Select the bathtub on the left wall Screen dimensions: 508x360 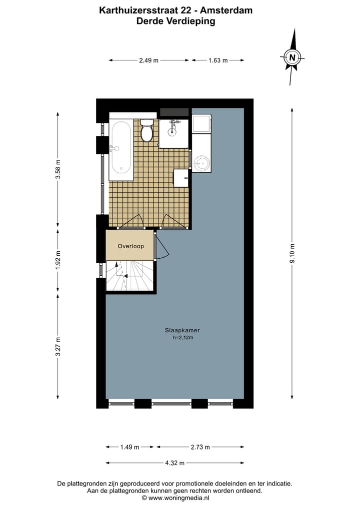[x=121, y=150]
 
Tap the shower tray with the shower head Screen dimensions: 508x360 [x=174, y=133]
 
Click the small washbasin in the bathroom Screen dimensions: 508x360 [x=181, y=177]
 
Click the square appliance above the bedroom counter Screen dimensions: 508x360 [x=202, y=123]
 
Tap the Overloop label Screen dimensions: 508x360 [x=130, y=246]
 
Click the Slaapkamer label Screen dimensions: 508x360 [x=179, y=330]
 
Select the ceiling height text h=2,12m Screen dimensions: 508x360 [x=182, y=338]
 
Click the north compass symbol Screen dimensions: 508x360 [x=292, y=56]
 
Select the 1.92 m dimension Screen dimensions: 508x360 [x=58, y=260]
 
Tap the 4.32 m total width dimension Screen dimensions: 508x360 [x=175, y=463]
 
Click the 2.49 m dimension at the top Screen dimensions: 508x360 [x=148, y=60]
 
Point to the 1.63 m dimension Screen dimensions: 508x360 [x=218, y=60]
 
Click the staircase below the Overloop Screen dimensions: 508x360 [x=130, y=276]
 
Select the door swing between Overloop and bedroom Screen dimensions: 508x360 [x=161, y=248]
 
